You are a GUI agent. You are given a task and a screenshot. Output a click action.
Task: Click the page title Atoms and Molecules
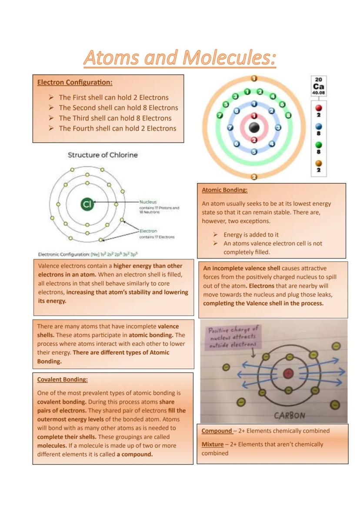pyautogui.click(x=180, y=58)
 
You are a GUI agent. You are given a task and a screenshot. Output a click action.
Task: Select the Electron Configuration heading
pyautogui.click(x=75, y=82)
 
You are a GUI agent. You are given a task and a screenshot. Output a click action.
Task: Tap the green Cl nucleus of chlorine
pyautogui.click(x=87, y=204)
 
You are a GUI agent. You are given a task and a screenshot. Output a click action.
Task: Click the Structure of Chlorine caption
pyautogui.click(x=103, y=155)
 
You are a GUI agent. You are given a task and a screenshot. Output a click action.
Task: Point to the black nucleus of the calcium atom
pyautogui.click(x=254, y=128)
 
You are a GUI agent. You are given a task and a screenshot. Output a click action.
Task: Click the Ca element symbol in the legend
pyautogui.click(x=319, y=86)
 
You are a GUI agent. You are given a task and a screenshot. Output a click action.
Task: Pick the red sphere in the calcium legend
pyautogui.click(x=319, y=107)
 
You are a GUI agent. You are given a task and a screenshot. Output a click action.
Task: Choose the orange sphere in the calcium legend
pyautogui.click(x=319, y=163)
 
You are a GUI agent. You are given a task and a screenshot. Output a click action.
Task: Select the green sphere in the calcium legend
pyautogui.click(x=319, y=145)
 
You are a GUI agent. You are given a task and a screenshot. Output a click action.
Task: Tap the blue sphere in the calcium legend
pyautogui.click(x=319, y=126)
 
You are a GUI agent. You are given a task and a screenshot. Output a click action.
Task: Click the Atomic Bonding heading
pyautogui.click(x=224, y=190)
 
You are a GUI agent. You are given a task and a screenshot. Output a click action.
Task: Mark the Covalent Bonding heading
pyautogui.click(x=63, y=379)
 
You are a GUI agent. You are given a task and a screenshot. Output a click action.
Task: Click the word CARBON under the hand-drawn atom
pyautogui.click(x=290, y=415)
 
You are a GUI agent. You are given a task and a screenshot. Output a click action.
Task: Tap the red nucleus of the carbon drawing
pyautogui.click(x=288, y=373)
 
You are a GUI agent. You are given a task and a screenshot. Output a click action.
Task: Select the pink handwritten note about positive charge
pyautogui.click(x=233, y=337)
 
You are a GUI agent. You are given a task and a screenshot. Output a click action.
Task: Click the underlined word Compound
pyautogui.click(x=217, y=431)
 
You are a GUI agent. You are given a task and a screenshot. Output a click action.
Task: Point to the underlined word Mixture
pyautogui.click(x=212, y=444)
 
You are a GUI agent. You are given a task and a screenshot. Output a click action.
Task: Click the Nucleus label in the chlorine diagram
pyautogui.click(x=148, y=202)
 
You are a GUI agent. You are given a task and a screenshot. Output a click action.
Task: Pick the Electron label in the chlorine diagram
pyautogui.click(x=148, y=231)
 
